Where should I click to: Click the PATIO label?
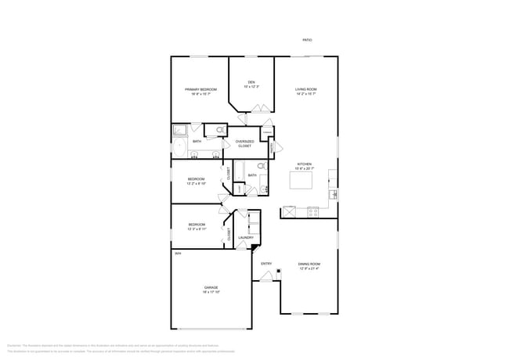point(307,40)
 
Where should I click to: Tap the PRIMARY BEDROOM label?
point(200,90)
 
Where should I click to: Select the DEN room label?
point(251,83)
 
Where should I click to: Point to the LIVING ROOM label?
point(305,90)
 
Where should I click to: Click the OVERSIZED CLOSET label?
point(244,143)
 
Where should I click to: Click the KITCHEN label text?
point(304,164)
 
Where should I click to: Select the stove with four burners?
point(312,211)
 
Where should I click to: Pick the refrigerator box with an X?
point(289,211)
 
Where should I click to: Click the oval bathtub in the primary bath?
point(179,146)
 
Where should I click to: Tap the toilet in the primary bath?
point(220,130)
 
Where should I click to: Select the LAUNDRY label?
point(245,237)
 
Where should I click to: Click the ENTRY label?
point(266,264)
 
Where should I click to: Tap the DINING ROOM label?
point(309,265)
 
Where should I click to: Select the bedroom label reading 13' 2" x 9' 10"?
point(196,181)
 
